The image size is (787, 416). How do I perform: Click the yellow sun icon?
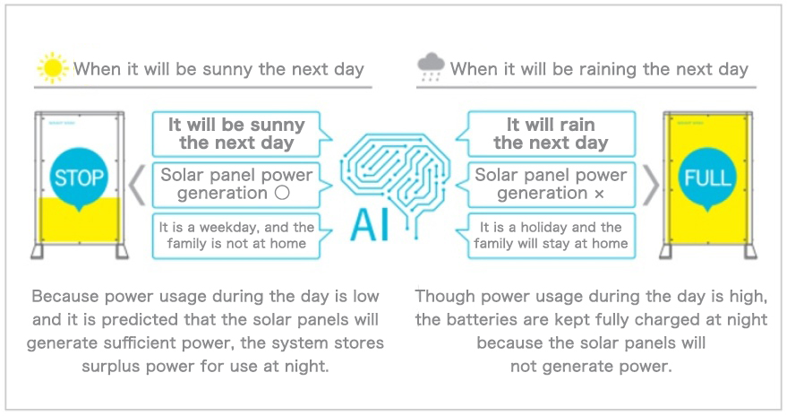pyautogui.click(x=53, y=68)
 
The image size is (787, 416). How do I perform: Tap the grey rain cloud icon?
pyautogui.click(x=431, y=66)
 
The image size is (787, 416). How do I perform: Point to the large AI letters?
pyautogui.click(x=371, y=224)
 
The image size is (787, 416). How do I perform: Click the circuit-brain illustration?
pyautogui.click(x=395, y=184)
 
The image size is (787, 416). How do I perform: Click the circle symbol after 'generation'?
pyautogui.click(x=283, y=193)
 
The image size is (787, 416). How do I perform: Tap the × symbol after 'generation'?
pyautogui.click(x=599, y=194)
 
